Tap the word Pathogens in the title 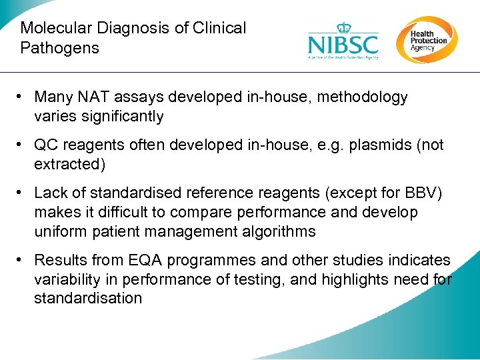pyautogui.click(x=59, y=48)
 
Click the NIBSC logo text pyautogui.click(x=343, y=45)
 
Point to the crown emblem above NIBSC pyautogui.click(x=343, y=28)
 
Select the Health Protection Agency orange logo pyautogui.click(x=426, y=40)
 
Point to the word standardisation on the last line pyautogui.click(x=88, y=299)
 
